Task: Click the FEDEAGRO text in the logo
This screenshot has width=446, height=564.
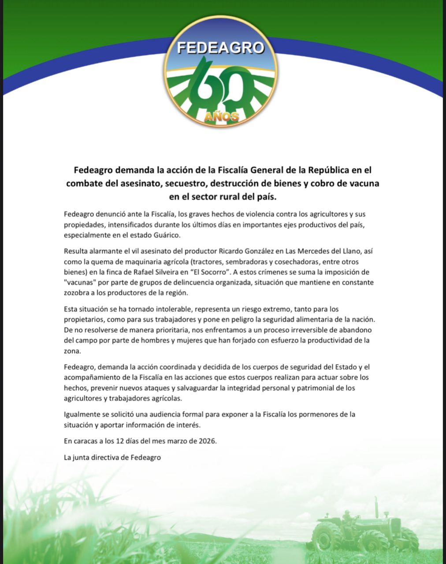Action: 220,48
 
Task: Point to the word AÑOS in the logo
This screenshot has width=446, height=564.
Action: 222,116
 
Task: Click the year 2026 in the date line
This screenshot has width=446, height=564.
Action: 206,441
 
